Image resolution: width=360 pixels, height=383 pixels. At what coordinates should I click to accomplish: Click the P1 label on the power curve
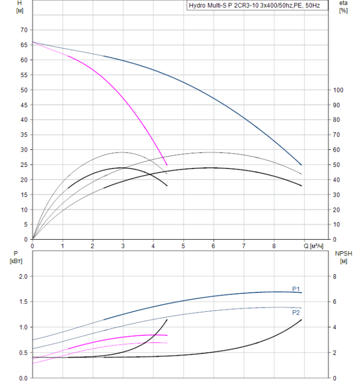(296, 289)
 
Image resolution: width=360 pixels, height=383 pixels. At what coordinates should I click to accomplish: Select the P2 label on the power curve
(296, 312)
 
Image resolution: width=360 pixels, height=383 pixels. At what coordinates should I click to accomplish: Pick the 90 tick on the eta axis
(338, 105)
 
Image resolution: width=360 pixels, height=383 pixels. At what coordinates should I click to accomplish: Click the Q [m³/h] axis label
(316, 246)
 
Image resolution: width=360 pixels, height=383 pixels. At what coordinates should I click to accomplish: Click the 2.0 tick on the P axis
(23, 277)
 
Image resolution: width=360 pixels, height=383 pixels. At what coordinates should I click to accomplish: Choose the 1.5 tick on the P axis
(23, 302)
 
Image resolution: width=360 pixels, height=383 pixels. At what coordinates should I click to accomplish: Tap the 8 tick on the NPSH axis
(336, 277)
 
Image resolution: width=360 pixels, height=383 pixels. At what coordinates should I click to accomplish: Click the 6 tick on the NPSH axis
(336, 302)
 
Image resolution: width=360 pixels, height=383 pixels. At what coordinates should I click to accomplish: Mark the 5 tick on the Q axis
(183, 246)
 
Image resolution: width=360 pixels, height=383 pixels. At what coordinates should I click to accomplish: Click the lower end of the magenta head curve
(167, 165)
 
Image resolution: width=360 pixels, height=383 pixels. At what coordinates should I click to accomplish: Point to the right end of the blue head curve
(301, 165)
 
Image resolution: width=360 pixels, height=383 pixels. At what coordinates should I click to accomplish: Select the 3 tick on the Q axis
(123, 246)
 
